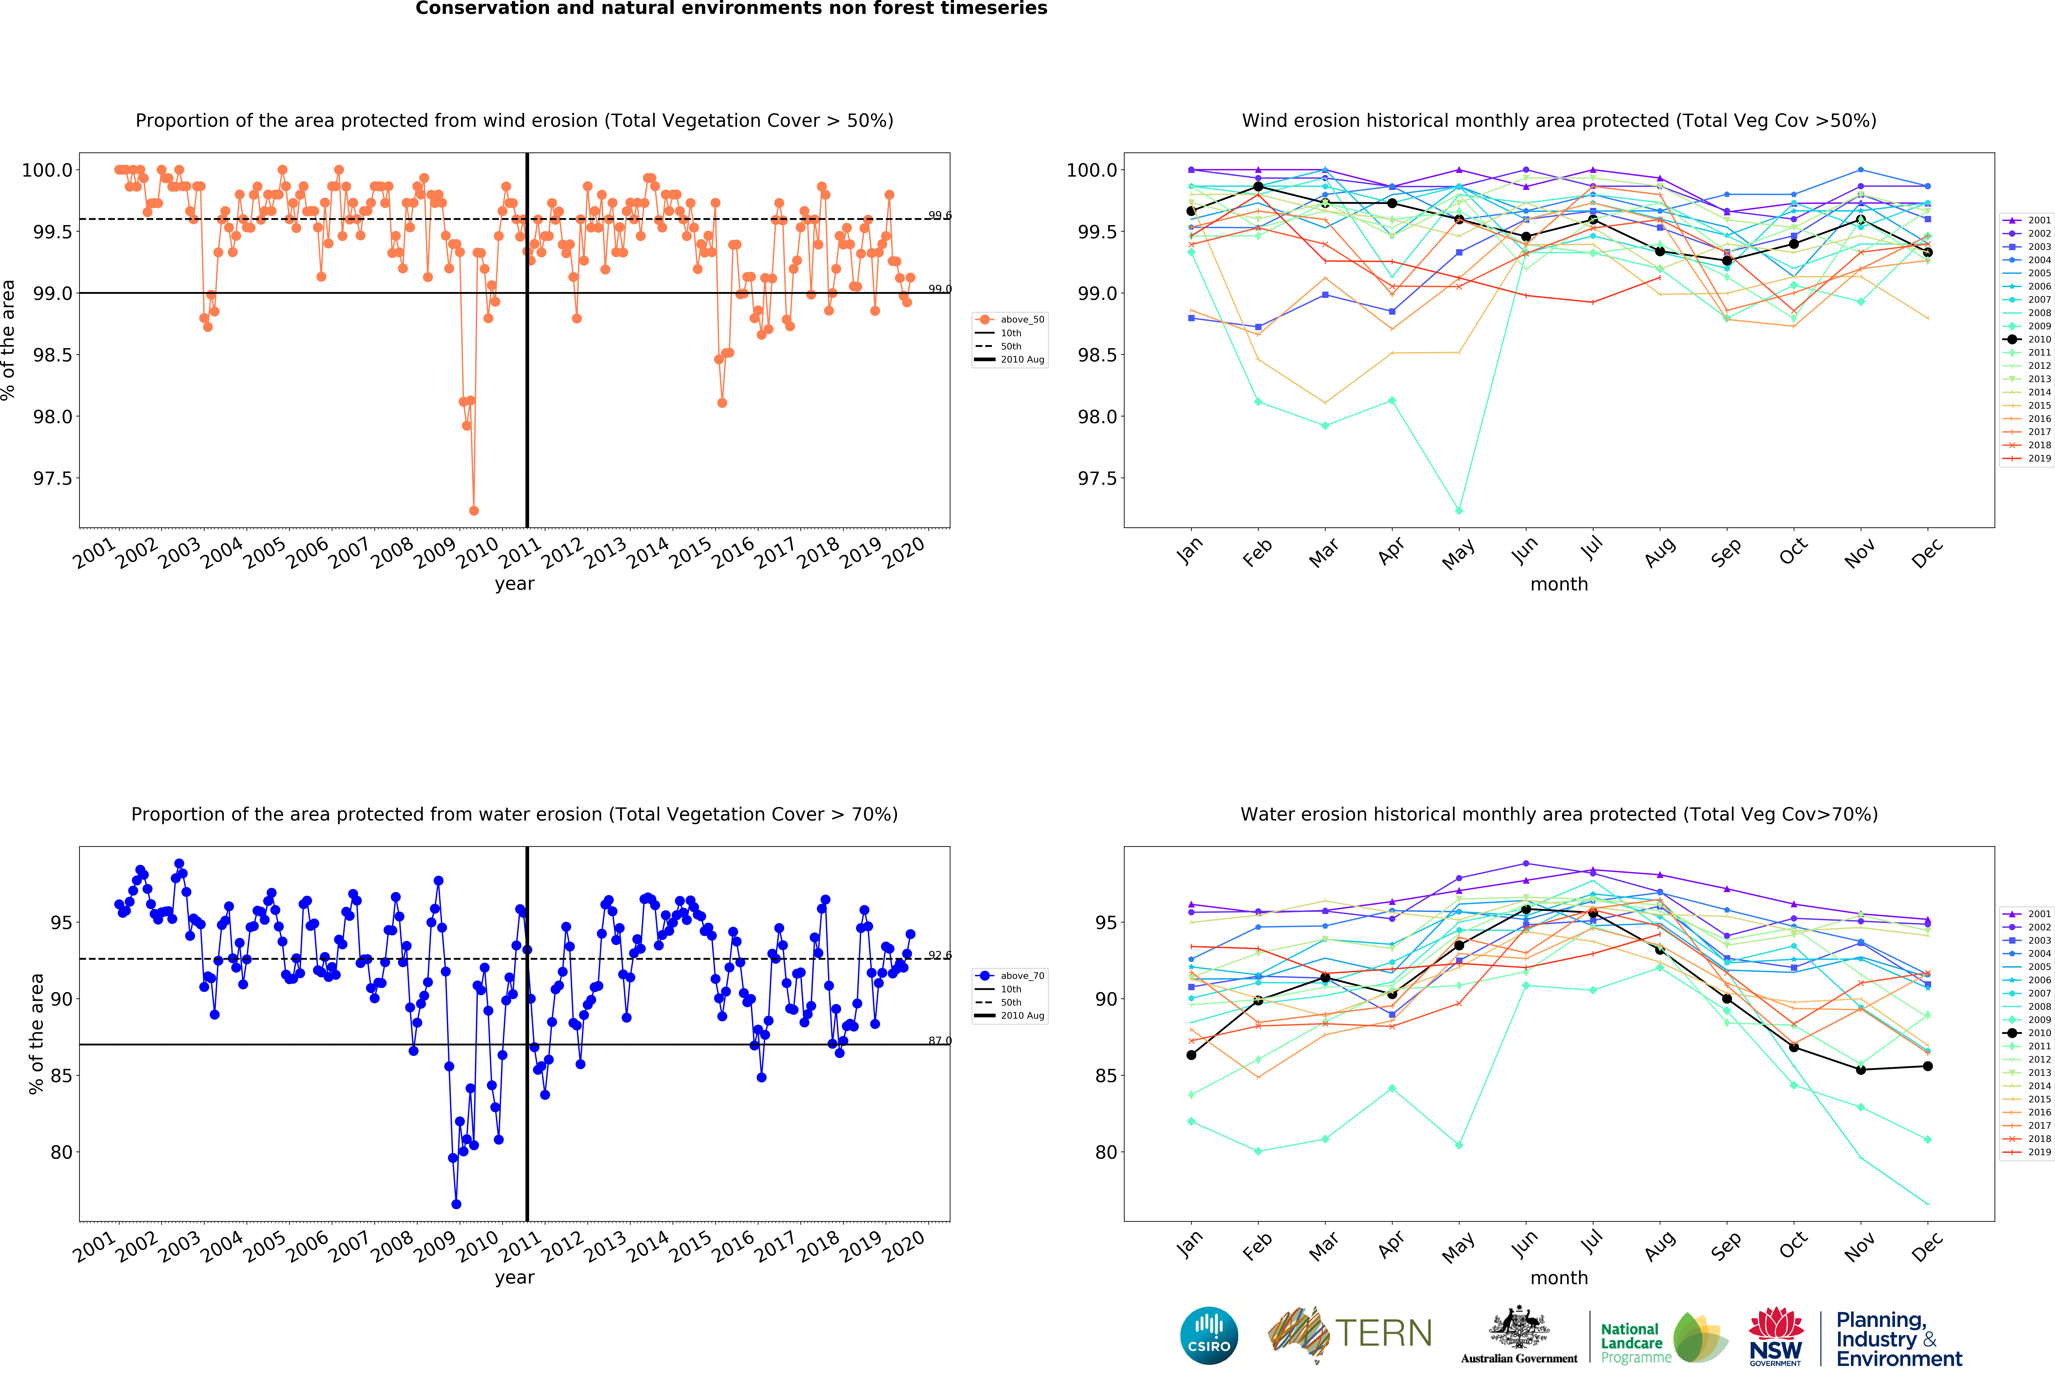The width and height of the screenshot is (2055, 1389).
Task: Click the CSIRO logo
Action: (x=1209, y=1335)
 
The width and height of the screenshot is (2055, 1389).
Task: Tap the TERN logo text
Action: (x=1384, y=1333)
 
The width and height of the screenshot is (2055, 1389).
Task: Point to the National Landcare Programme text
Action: (x=1636, y=1343)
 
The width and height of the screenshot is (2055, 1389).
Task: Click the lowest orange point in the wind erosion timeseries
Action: (x=474, y=510)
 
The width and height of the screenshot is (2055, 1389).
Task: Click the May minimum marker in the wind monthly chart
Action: (x=1459, y=510)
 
